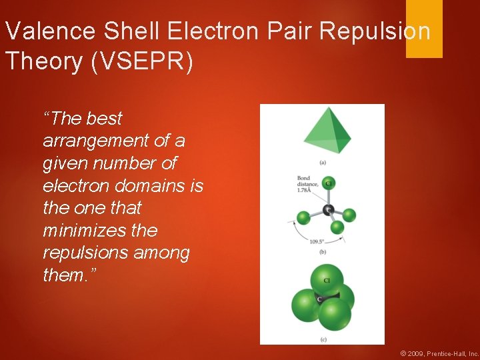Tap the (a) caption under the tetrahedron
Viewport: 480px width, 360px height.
coord(323,162)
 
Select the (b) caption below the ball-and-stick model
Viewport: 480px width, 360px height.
coord(323,251)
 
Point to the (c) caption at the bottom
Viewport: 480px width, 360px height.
coord(323,339)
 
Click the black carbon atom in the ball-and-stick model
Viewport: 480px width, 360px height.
coord(328,210)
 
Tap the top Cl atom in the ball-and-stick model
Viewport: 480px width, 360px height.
coord(328,183)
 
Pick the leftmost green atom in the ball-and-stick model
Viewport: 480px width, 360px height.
coord(303,218)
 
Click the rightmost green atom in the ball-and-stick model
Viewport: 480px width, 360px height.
coord(349,215)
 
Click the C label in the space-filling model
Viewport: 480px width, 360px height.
coord(321,299)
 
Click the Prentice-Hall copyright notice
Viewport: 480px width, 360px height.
coord(438,353)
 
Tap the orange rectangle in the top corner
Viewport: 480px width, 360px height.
coord(424,28)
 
